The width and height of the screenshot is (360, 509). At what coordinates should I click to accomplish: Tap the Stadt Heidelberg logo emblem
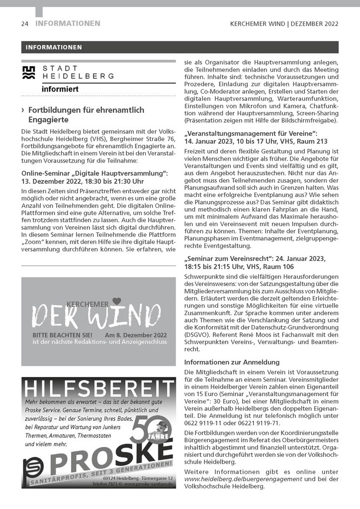(x=30, y=73)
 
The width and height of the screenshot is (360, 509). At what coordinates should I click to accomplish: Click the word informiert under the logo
(x=60, y=89)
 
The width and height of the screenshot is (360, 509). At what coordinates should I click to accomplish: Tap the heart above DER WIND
(x=117, y=301)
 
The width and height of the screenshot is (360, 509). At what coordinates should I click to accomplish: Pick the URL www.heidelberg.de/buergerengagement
(x=243, y=479)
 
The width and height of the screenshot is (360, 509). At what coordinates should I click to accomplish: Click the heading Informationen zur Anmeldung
(x=232, y=362)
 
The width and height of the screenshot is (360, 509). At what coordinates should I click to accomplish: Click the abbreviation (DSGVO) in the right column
(x=196, y=333)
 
